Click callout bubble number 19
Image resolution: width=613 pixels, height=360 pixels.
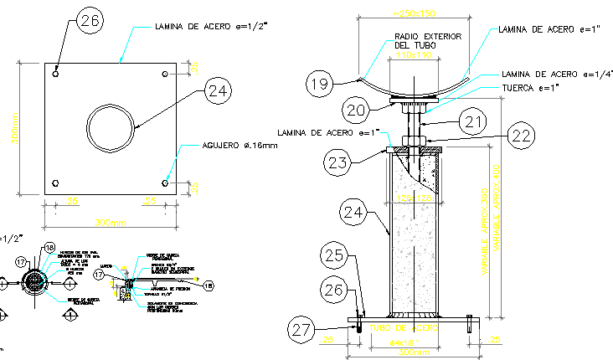point(318,83)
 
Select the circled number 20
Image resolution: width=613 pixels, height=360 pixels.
point(356,110)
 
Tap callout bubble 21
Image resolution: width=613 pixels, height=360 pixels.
point(474,122)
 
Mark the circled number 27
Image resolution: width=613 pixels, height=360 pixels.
point(301,329)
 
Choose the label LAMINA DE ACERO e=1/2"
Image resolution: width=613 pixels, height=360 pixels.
point(210,27)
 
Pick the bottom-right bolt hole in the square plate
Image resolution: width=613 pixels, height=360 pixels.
point(165,183)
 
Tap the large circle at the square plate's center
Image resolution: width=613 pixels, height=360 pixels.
point(110,128)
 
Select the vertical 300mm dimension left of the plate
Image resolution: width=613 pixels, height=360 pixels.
point(13,129)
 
